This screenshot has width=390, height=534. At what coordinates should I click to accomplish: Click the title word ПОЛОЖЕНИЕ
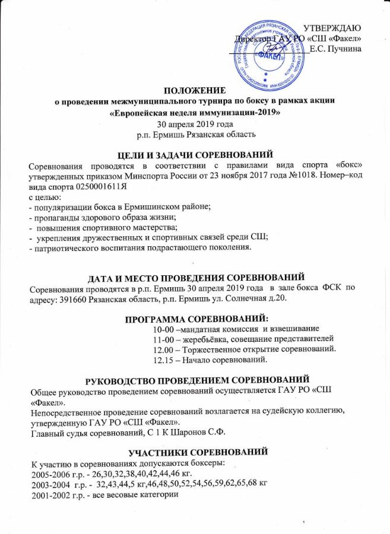point(195,91)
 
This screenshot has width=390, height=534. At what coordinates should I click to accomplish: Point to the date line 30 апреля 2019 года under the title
point(195,124)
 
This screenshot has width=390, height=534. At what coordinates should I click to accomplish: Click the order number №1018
point(302,174)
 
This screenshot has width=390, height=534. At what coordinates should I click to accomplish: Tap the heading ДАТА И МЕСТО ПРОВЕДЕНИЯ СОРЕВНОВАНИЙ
point(196,277)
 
